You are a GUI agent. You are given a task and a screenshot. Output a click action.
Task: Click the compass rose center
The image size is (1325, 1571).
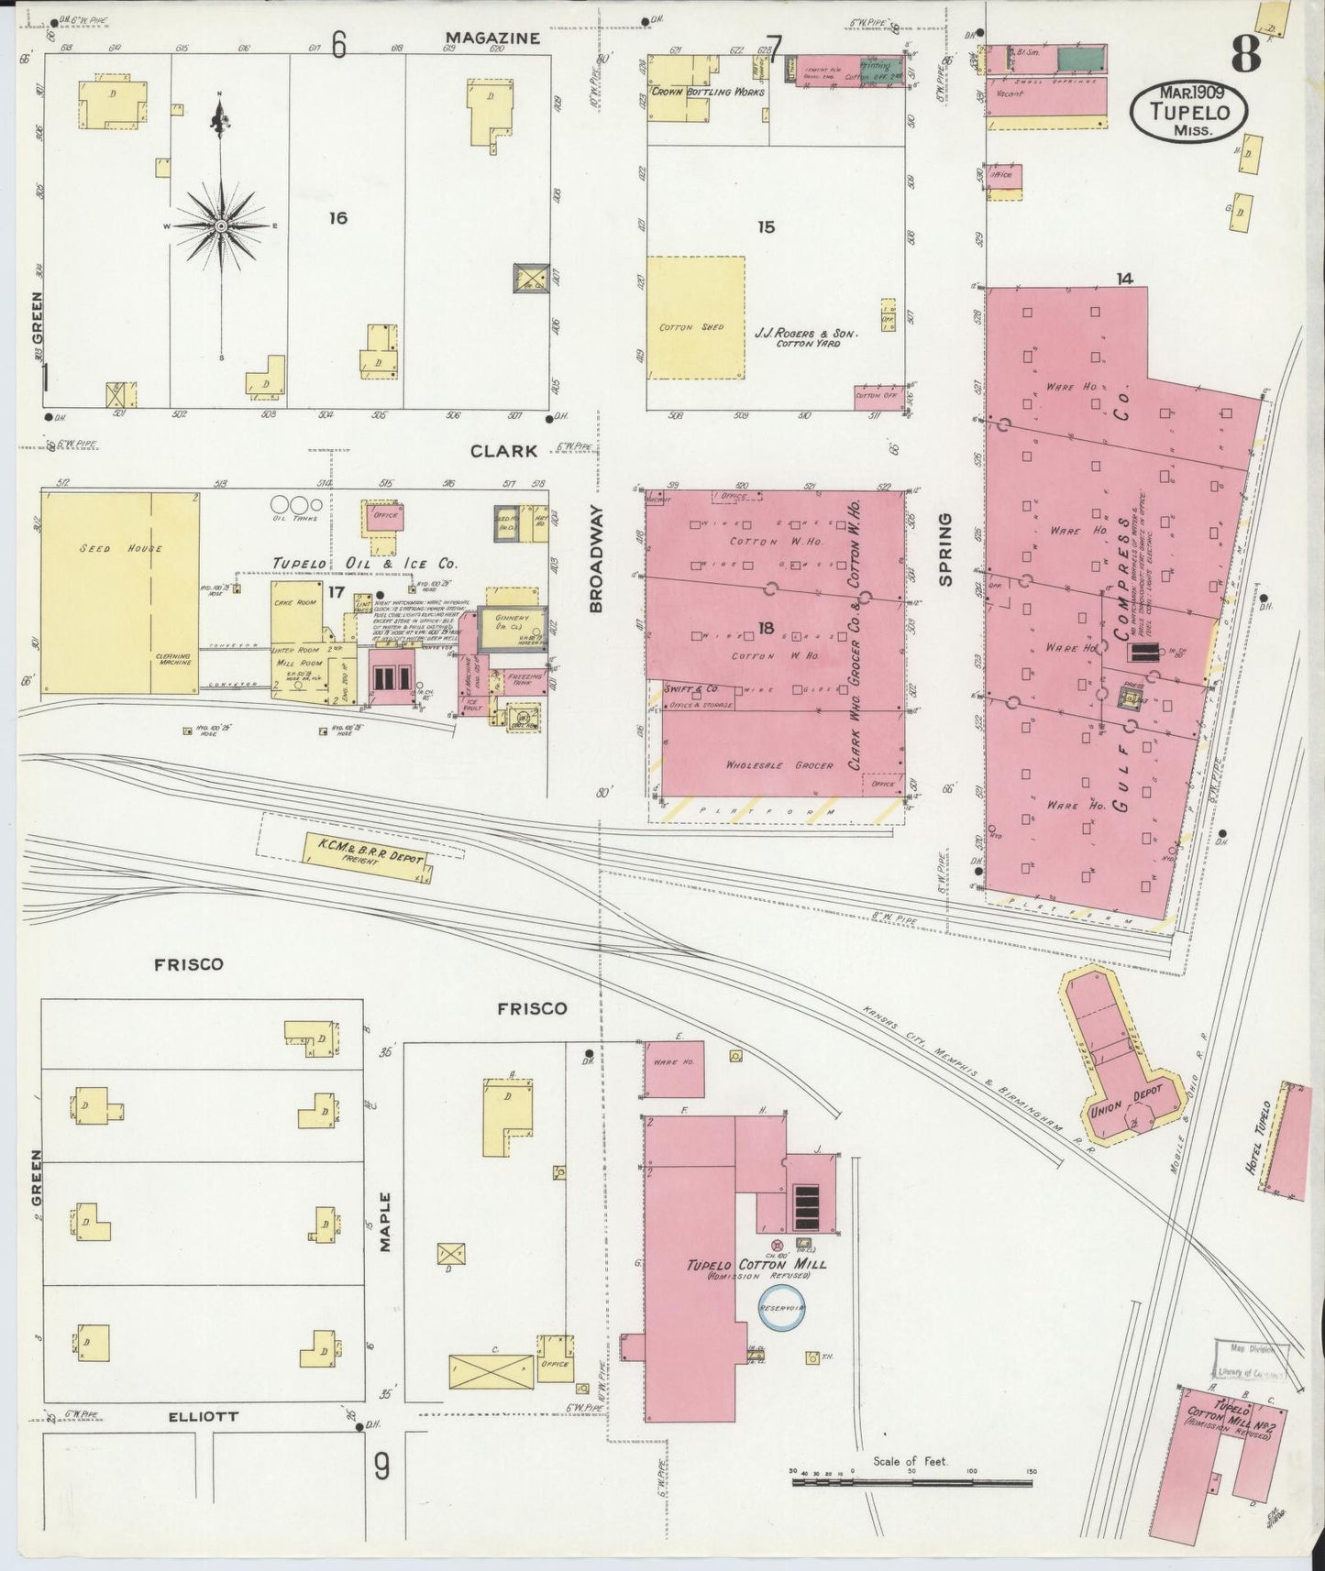pyautogui.click(x=221, y=225)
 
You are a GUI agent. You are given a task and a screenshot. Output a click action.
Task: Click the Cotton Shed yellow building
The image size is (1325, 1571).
pyautogui.click(x=695, y=317)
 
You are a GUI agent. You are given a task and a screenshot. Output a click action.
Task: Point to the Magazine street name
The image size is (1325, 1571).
pyautogui.click(x=492, y=38)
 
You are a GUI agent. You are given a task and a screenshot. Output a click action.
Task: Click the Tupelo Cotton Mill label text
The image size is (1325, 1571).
pyautogui.click(x=756, y=1265)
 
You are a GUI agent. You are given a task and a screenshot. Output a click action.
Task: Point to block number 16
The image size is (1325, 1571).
pyautogui.click(x=338, y=218)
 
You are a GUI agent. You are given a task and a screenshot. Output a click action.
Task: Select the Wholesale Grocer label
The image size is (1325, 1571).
pyautogui.click(x=779, y=764)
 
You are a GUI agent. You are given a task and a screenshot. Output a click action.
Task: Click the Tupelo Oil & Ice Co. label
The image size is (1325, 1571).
pyautogui.click(x=365, y=564)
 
